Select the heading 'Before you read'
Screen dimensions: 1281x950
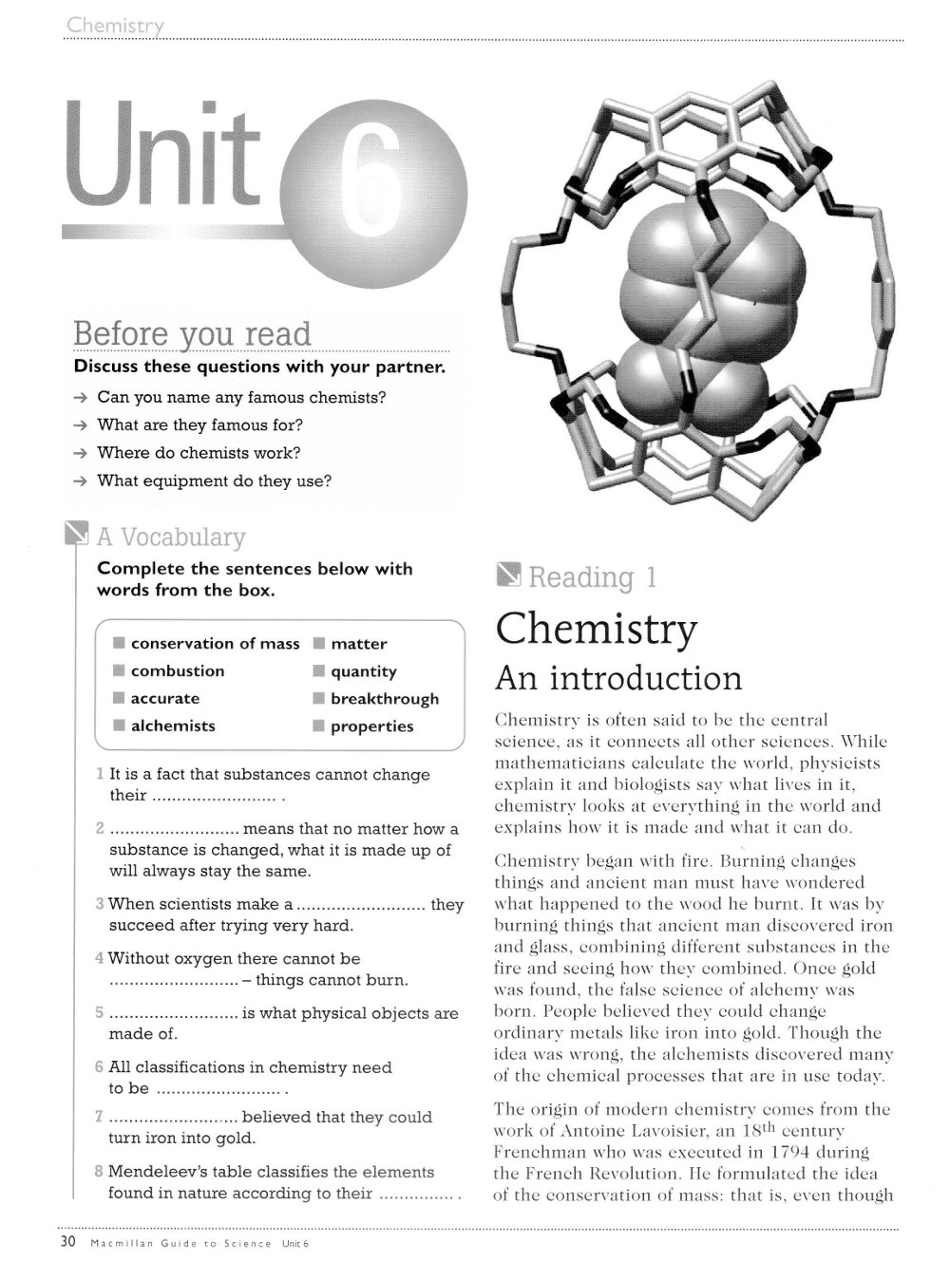pyautogui.click(x=192, y=334)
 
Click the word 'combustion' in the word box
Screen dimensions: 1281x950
pyautogui.click(x=178, y=671)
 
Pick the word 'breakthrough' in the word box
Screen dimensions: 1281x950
pyautogui.click(x=385, y=699)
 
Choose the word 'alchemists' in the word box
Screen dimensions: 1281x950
pyautogui.click(x=173, y=726)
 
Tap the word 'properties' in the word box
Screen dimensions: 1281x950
pyautogui.click(x=371, y=726)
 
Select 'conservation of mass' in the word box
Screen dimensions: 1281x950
pyautogui.click(x=215, y=644)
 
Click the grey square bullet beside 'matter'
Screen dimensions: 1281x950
pyautogui.click(x=319, y=644)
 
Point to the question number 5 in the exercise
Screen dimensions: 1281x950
pyautogui.click(x=100, y=1013)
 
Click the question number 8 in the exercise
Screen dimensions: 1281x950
pyautogui.click(x=100, y=1172)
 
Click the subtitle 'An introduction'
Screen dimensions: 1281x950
pyautogui.click(x=618, y=679)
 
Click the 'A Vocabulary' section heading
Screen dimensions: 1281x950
pyautogui.click(x=171, y=537)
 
